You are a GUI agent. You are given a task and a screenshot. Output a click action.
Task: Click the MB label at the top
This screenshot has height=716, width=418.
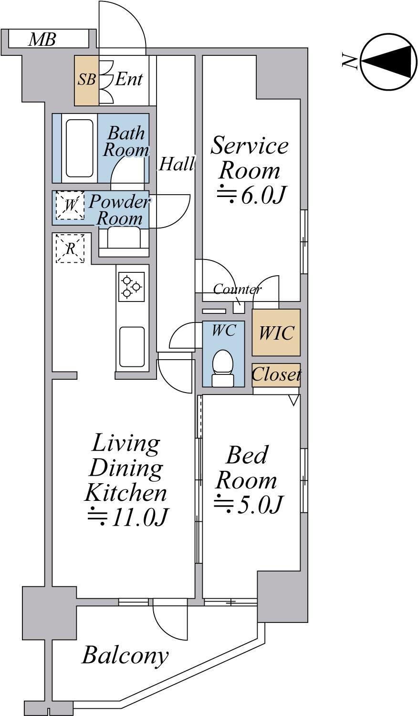point(42,40)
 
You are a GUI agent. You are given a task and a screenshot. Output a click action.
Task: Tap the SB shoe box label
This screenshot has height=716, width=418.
point(87,79)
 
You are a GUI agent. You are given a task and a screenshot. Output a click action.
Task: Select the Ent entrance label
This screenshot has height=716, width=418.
point(128,79)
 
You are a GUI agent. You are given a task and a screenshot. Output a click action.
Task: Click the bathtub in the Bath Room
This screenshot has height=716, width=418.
point(79,149)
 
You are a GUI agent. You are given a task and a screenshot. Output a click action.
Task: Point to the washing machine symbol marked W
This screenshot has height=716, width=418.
point(70,205)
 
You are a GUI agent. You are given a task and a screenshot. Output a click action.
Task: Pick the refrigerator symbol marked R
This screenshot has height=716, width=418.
point(70,249)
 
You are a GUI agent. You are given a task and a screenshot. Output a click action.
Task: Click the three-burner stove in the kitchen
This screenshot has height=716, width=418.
point(131,286)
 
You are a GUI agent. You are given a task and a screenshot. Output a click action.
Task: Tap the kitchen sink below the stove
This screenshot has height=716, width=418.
point(132,347)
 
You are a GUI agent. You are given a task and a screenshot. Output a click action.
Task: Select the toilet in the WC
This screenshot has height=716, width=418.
point(223,368)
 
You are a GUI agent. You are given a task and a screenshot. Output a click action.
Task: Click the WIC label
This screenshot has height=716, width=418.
point(276,333)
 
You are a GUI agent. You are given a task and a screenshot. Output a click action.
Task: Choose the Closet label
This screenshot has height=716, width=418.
point(276,374)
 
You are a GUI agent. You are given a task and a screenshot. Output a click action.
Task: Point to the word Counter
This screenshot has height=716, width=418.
point(237,289)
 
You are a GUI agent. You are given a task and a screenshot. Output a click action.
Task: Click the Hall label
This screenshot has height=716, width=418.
point(177,164)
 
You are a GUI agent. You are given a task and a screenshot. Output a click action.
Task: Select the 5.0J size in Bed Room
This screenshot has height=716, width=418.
point(248,504)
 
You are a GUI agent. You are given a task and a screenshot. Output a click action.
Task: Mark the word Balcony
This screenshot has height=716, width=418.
point(125,655)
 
